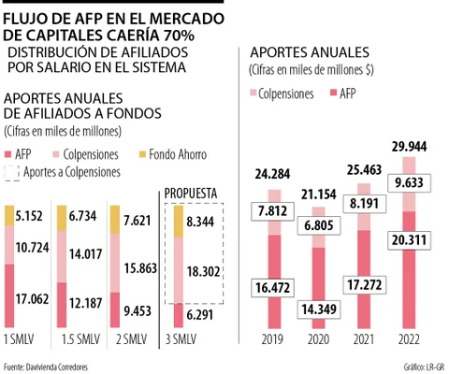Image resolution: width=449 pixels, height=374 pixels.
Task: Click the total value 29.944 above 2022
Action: tap(409, 147)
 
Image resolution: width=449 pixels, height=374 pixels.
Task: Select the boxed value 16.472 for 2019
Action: tap(273, 287)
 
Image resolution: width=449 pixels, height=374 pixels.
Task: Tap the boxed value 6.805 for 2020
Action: tap(319, 225)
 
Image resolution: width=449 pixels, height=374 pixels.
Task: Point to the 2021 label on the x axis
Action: tap(364, 339)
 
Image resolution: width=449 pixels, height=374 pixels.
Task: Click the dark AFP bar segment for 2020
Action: tap(319, 288)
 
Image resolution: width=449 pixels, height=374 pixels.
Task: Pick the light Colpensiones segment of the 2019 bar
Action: tap(274, 212)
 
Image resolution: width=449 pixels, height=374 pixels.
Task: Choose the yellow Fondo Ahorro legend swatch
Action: tap(142, 154)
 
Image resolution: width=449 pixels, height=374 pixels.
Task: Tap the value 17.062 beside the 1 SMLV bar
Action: tap(32, 299)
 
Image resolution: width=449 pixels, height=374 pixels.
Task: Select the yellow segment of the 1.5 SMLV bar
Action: tap(62, 218)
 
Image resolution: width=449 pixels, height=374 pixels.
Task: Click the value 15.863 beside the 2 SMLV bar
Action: tap(140, 268)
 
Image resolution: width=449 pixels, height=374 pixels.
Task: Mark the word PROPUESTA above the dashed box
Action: tap(191, 194)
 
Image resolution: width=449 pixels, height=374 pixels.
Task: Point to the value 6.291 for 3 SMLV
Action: tap(200, 315)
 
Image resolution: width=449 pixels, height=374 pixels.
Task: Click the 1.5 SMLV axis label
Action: tap(81, 339)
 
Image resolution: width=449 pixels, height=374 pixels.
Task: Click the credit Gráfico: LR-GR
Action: tap(424, 367)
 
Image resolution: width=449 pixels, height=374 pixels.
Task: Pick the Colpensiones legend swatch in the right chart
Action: tap(253, 93)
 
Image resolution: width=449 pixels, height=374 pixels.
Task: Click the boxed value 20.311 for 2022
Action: tap(409, 240)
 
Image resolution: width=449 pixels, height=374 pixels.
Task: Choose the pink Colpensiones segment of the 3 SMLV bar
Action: tap(179, 270)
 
